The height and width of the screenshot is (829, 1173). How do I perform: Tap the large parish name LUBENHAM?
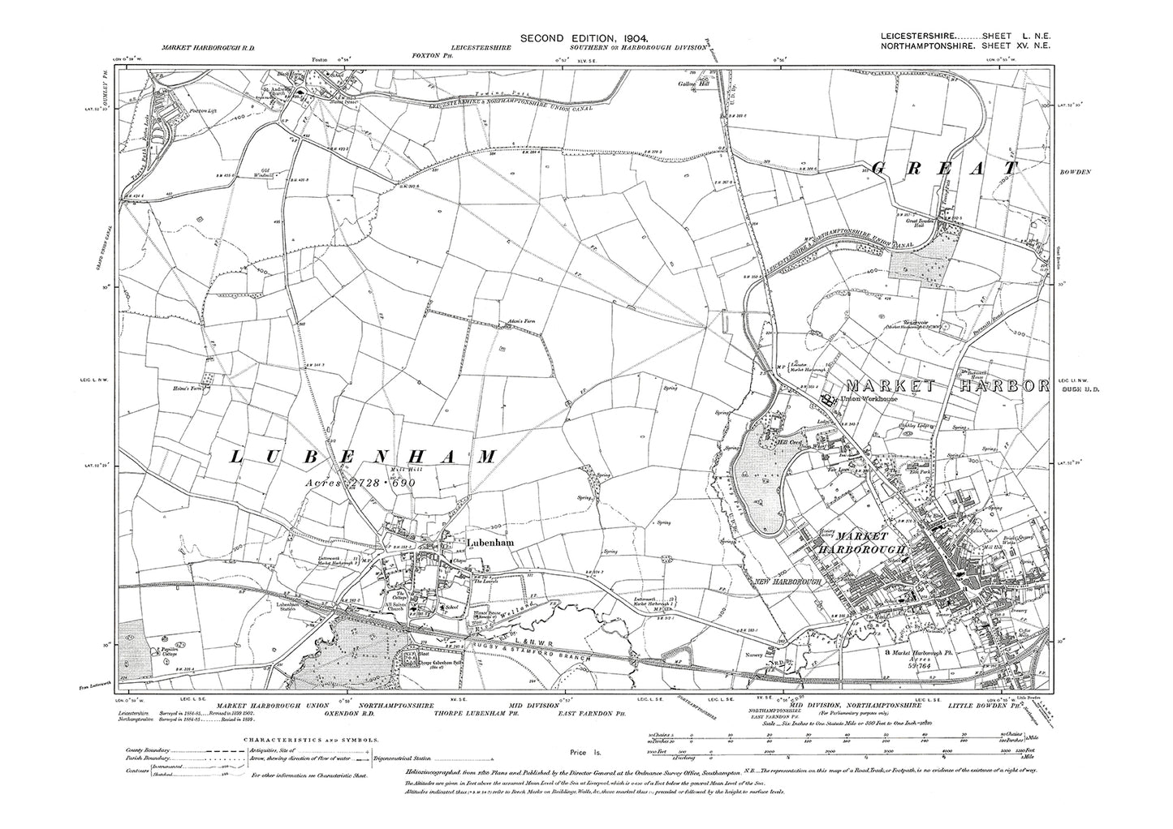point(364,458)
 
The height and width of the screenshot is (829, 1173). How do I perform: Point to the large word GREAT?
point(942,169)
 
